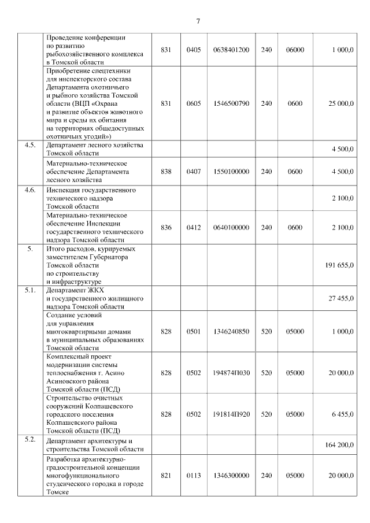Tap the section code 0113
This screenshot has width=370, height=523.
(x=194, y=475)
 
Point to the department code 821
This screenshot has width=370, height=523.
(x=166, y=475)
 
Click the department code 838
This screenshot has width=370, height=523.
(x=166, y=172)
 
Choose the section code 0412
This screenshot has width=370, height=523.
(x=194, y=227)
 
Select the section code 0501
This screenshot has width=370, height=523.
(x=194, y=332)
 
